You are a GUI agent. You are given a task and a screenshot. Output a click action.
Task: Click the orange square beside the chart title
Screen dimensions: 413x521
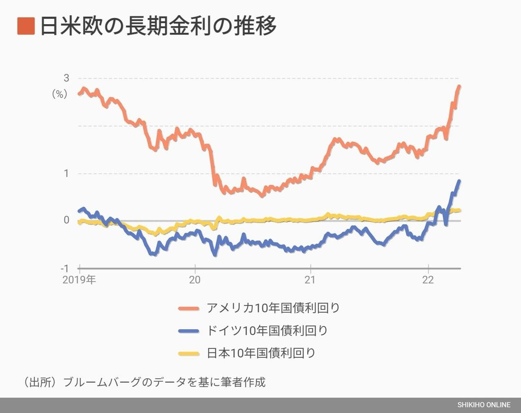pyautogui.click(x=26, y=26)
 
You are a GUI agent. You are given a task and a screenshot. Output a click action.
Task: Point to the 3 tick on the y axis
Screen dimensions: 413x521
pyautogui.click(x=66, y=78)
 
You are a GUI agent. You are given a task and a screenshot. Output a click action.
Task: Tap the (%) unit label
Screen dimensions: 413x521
pyautogui.click(x=60, y=94)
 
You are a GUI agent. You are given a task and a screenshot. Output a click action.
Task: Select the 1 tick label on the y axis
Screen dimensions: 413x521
pyautogui.click(x=66, y=173)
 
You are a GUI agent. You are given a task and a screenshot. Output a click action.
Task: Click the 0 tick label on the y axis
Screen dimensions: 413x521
pyautogui.click(x=66, y=220)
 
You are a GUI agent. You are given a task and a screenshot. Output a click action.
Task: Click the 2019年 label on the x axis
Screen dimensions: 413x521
pyautogui.click(x=79, y=280)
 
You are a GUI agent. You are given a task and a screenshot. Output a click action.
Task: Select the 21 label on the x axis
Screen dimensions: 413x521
pyautogui.click(x=310, y=280)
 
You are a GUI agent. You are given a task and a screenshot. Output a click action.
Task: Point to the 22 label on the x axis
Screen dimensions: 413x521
pyautogui.click(x=428, y=280)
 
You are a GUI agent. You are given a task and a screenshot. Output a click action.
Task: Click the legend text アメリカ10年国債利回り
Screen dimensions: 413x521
pyautogui.click(x=273, y=308)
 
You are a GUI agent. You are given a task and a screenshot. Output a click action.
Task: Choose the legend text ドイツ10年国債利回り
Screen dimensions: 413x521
pyautogui.click(x=267, y=330)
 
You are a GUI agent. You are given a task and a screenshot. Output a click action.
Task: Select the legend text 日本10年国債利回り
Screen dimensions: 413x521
pyautogui.click(x=261, y=353)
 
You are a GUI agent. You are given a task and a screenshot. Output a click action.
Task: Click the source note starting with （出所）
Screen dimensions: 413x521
pyautogui.click(x=144, y=382)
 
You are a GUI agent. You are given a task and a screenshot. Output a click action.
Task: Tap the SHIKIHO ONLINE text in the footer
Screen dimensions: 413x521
pyautogui.click(x=484, y=405)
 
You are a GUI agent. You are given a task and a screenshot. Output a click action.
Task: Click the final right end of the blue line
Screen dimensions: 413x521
pyautogui.click(x=459, y=181)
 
